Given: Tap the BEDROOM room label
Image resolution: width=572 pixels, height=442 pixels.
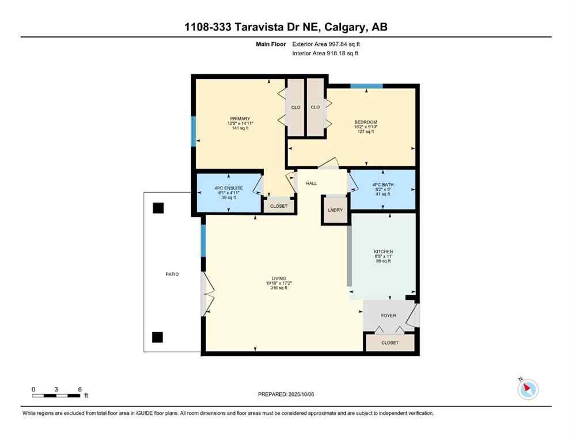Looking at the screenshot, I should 365,122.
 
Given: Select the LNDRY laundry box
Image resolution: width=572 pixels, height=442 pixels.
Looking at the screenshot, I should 335,210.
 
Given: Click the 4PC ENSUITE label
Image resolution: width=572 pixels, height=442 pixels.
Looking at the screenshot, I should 228,188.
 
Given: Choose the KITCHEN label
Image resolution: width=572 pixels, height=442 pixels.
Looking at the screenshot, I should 383,252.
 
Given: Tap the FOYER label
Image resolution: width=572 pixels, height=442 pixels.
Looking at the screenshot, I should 389,315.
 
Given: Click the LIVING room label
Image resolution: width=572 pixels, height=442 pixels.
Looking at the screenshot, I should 279,279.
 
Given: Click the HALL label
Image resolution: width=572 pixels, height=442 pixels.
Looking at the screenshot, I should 312,183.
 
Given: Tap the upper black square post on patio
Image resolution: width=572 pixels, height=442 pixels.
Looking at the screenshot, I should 158,208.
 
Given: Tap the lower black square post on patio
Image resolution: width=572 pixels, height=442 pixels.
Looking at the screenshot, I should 157,337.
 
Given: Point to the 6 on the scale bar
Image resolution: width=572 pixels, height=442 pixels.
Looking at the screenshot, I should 79,389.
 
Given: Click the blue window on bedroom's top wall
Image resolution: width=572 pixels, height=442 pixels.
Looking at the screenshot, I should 367,86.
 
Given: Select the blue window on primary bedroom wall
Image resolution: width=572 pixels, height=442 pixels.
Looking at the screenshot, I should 194,131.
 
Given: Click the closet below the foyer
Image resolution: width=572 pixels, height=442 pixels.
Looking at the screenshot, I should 390,342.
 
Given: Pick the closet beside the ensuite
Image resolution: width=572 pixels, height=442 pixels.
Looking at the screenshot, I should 279,205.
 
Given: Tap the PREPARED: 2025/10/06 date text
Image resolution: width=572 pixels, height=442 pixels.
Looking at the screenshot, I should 286,394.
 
